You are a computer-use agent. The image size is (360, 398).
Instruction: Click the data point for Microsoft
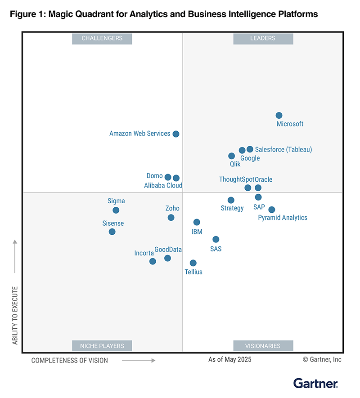click(x=279, y=116)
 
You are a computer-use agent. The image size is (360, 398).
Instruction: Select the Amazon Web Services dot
click(x=176, y=134)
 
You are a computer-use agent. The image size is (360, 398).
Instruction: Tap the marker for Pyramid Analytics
click(x=272, y=210)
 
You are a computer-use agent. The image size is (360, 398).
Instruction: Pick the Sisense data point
click(x=112, y=232)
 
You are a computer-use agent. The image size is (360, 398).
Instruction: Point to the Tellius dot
click(x=193, y=263)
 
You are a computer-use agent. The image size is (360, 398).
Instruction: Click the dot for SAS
click(x=216, y=239)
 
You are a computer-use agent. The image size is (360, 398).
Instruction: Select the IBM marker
click(x=197, y=222)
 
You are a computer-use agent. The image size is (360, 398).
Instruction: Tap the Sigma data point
click(x=116, y=210)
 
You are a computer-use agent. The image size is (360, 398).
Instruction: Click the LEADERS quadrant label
click(x=263, y=39)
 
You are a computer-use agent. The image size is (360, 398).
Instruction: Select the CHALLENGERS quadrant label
click(x=102, y=39)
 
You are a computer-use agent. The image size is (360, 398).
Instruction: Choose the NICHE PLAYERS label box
click(x=102, y=346)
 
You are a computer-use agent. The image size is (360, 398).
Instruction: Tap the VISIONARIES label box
click(x=263, y=346)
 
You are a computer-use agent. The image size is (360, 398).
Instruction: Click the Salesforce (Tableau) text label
click(x=283, y=149)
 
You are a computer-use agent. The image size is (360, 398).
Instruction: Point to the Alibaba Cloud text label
click(x=163, y=185)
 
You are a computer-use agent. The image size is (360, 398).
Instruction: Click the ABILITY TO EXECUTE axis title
click(x=15, y=315)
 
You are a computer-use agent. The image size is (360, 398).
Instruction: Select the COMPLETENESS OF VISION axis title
click(x=70, y=360)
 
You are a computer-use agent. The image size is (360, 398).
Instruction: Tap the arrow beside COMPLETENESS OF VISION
click(x=139, y=360)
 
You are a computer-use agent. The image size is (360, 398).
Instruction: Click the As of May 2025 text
click(x=230, y=359)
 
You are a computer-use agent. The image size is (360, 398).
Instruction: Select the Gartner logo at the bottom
click(x=315, y=383)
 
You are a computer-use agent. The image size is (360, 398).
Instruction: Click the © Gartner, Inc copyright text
click(x=322, y=359)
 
